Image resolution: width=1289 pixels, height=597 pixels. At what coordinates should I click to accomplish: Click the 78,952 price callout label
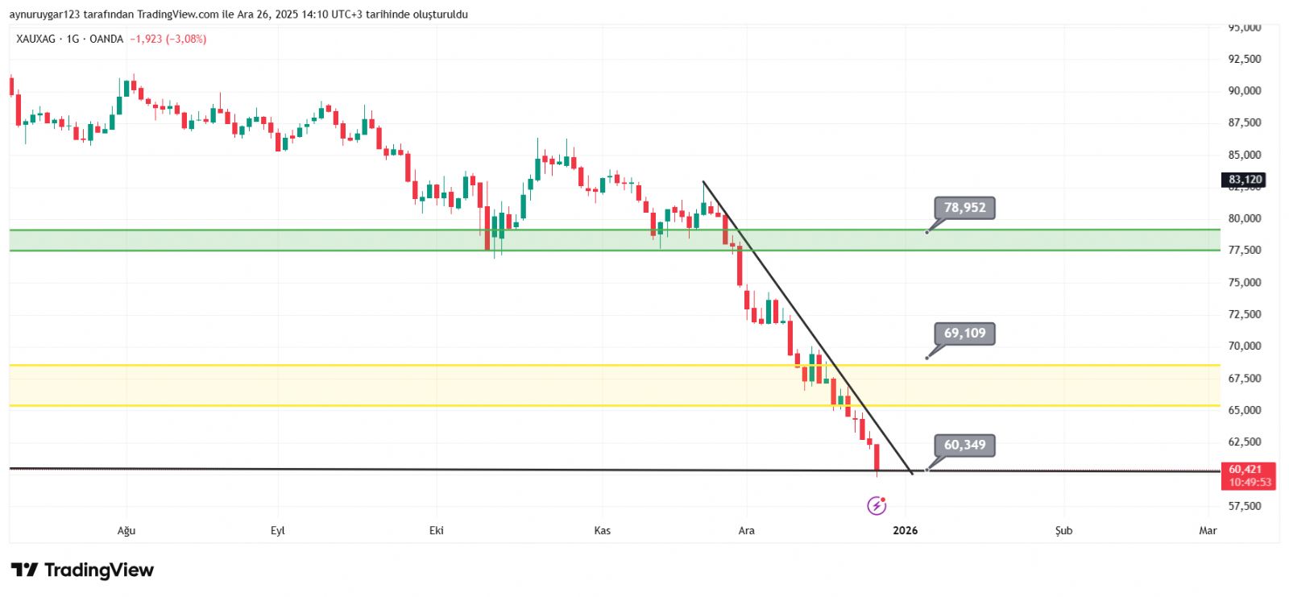click(x=964, y=208)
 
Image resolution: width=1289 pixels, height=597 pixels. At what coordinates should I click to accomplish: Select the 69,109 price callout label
click(x=964, y=334)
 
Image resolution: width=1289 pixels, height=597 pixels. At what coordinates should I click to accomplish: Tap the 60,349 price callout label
click(x=964, y=446)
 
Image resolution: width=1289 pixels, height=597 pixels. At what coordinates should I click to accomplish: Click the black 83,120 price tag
click(x=1245, y=180)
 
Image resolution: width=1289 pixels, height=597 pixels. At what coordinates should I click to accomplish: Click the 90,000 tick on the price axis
click(x=1245, y=91)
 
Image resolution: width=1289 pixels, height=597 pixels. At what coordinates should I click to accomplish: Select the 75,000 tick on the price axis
click(x=1245, y=283)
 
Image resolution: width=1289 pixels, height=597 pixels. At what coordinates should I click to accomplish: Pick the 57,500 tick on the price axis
click(x=1245, y=506)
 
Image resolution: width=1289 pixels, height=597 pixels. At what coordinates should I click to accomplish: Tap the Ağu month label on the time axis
click(x=126, y=531)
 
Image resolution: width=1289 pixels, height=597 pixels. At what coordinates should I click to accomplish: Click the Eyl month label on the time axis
click(x=278, y=531)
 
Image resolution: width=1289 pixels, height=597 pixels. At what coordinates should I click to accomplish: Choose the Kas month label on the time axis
click(x=603, y=531)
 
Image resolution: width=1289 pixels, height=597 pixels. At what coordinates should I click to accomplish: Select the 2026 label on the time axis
click(x=906, y=531)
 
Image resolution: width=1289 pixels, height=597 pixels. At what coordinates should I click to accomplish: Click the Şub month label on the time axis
click(x=1064, y=531)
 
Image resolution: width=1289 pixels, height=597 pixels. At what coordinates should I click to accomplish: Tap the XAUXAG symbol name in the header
click(x=35, y=39)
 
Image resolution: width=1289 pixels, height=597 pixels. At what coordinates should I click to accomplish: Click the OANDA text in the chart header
click(x=106, y=39)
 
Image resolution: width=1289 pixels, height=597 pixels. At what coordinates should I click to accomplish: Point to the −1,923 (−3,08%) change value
click(x=168, y=39)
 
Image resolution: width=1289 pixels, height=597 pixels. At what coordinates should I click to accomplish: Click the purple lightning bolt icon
click(x=877, y=506)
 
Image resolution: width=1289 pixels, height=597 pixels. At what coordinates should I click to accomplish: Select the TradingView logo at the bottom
click(x=82, y=570)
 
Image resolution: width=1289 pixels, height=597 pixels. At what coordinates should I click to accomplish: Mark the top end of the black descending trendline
click(x=703, y=181)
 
